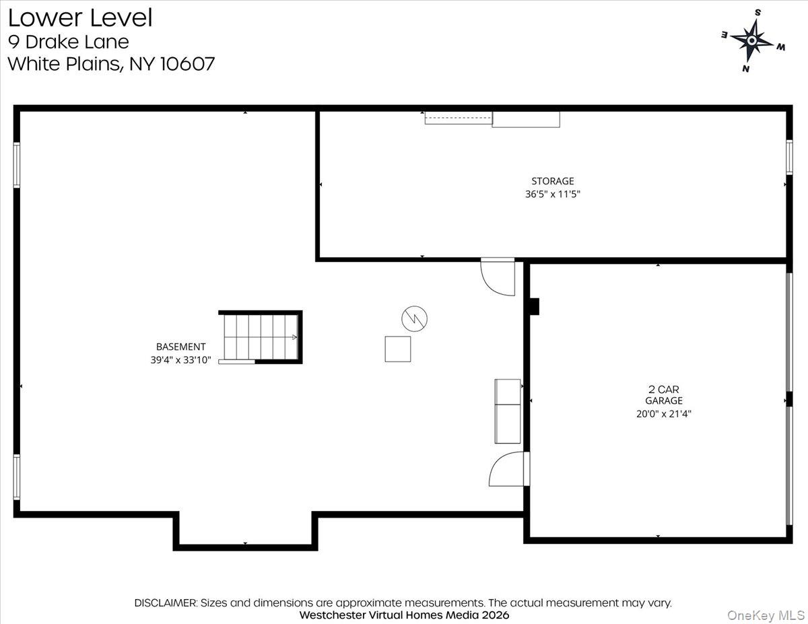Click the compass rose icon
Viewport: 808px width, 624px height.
tap(752, 40)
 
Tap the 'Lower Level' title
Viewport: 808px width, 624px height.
tap(80, 18)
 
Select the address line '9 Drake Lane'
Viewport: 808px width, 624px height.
tap(68, 42)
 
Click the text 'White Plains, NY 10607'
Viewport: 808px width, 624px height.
tap(111, 64)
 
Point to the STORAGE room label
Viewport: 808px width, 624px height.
tap(552, 181)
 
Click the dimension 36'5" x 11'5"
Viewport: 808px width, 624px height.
tap(552, 194)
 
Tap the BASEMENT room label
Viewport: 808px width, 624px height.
tap(180, 347)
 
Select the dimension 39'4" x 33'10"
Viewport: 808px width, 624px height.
tap(180, 360)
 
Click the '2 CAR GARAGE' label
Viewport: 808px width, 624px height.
tap(663, 394)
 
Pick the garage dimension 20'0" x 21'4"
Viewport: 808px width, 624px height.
tap(663, 414)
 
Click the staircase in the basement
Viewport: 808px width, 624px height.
tap(260, 337)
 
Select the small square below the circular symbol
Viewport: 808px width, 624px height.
tap(397, 349)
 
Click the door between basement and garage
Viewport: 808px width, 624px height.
tap(508, 469)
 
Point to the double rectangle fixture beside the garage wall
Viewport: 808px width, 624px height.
tap(508, 411)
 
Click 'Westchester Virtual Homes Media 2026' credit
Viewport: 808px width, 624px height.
tap(404, 615)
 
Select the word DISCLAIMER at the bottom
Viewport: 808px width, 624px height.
tap(166, 603)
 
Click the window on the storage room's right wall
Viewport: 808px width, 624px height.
tap(789, 157)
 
